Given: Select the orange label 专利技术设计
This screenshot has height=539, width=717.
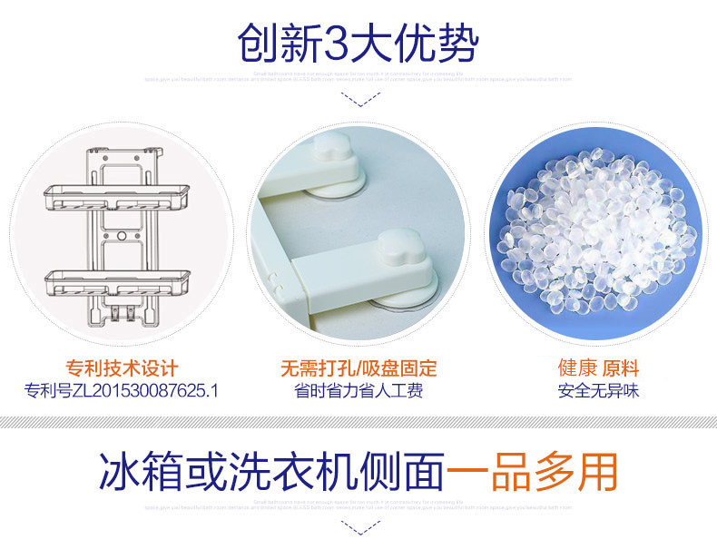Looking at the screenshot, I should [122, 368].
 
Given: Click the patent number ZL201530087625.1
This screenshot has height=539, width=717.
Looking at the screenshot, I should [122, 391].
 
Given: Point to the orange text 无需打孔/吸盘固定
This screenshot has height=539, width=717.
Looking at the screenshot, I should [358, 368].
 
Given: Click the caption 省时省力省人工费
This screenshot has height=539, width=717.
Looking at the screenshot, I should [358, 391].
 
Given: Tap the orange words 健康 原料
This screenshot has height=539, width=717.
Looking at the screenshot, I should [598, 368].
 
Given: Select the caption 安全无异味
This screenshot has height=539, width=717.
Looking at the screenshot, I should [598, 391].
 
